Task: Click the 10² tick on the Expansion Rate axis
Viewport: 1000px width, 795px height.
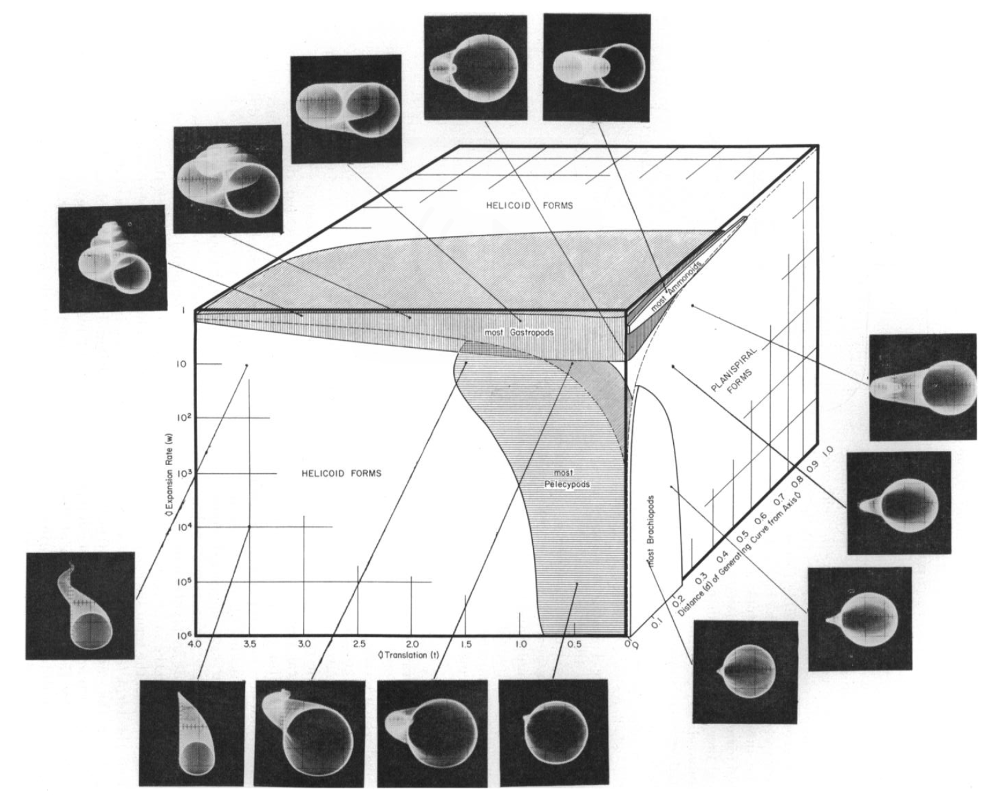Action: click(x=184, y=417)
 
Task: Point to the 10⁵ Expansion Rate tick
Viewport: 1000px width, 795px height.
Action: click(x=184, y=581)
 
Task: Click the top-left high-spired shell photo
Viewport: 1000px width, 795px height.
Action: click(x=111, y=258)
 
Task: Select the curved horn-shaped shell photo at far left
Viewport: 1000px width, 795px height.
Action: click(x=80, y=605)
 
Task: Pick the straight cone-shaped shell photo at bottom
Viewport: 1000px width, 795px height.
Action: click(x=192, y=732)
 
